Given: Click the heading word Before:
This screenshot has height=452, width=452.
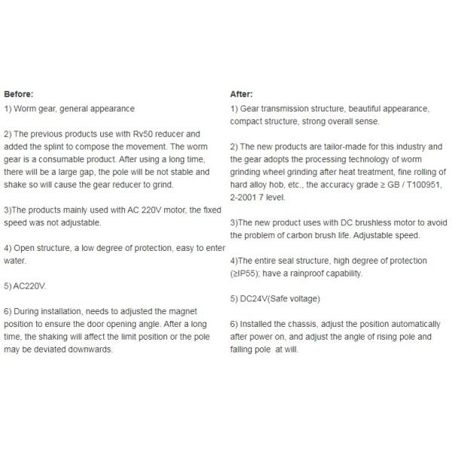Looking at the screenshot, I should [x=19, y=94].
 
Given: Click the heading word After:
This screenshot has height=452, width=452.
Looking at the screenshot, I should [x=241, y=94].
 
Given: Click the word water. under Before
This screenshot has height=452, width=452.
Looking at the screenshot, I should [x=15, y=261].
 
